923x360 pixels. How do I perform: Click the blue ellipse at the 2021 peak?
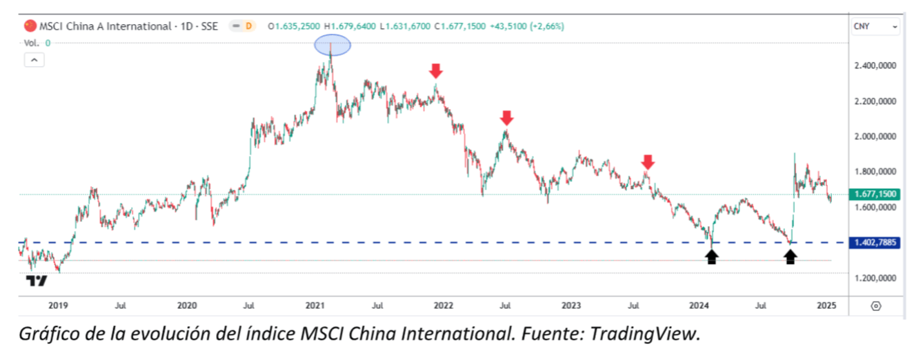[333, 46]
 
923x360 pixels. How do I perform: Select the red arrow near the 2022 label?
[435, 70]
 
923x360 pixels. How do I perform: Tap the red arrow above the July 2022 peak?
[507, 118]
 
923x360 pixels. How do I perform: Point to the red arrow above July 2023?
[647, 163]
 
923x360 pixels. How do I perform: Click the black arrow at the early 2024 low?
[712, 257]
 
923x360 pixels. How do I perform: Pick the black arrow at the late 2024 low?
[791, 257]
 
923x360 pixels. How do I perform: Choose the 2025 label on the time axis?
[826, 305]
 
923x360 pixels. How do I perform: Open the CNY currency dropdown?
[875, 27]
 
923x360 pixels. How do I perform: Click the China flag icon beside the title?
[30, 26]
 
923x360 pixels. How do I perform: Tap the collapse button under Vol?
[34, 60]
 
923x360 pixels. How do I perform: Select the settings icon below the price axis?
[875, 306]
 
